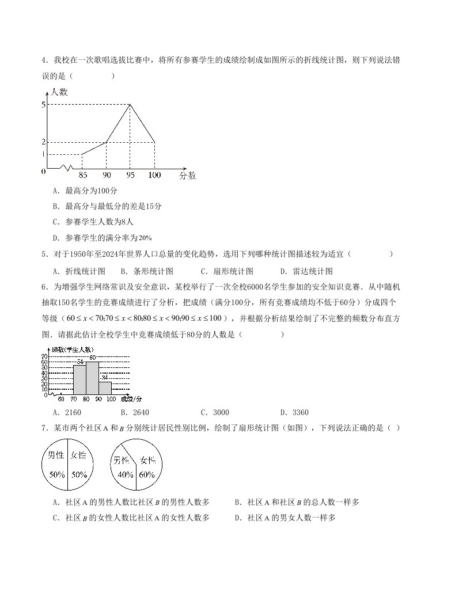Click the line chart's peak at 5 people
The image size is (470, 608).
tap(131, 104)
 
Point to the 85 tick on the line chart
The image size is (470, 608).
tap(82, 175)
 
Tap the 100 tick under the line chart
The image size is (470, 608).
tap(154, 175)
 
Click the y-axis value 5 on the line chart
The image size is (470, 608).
tap(43, 104)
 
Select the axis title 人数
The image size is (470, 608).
tap(59, 92)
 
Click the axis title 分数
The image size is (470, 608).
tap(187, 175)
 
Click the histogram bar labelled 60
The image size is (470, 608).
tap(92, 378)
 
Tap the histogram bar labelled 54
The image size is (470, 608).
tap(79, 379)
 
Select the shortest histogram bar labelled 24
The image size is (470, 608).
tap(105, 388)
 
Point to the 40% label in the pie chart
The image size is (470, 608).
tap(126, 475)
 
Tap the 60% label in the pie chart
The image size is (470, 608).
tap(147, 475)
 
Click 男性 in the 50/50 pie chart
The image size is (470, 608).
tap(56, 455)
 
